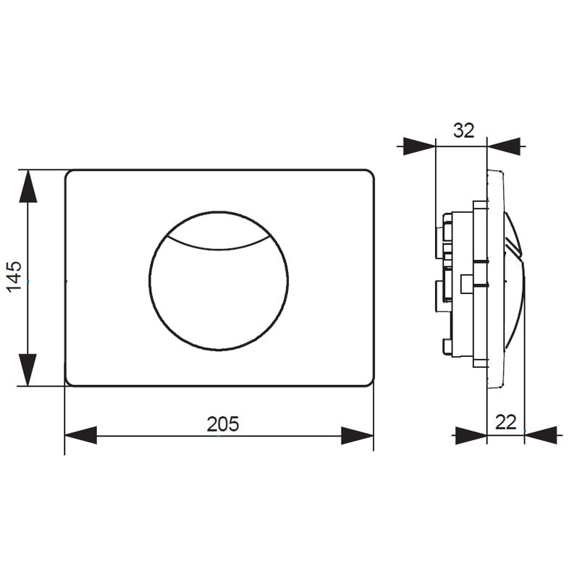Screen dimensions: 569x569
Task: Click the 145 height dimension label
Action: coord(15,277)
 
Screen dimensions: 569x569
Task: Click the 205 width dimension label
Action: coord(223,423)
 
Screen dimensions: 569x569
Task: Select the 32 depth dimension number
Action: coord(463,130)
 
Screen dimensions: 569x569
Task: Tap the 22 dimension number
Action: coord(505,422)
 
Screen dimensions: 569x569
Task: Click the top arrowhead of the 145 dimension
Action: coord(28,186)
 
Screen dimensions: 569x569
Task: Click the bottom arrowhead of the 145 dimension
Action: coord(28,370)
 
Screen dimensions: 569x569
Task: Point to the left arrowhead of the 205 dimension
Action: coord(80,435)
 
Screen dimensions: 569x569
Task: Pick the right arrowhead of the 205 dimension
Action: coord(358,436)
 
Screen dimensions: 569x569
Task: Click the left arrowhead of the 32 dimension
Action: coord(419,146)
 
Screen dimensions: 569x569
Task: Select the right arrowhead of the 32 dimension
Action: coord(504,147)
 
